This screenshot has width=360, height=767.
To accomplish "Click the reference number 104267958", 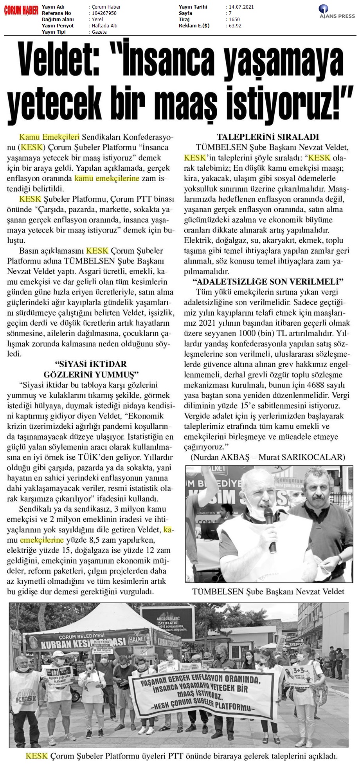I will (x=102, y=13).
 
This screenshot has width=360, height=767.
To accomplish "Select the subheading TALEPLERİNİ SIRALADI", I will (x=268, y=137).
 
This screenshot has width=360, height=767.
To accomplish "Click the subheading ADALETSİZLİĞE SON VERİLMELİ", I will (x=268, y=282).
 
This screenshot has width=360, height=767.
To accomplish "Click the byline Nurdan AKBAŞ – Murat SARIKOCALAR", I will (x=268, y=457).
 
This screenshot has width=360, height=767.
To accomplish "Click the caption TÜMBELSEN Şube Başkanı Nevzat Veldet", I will (x=268, y=591).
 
